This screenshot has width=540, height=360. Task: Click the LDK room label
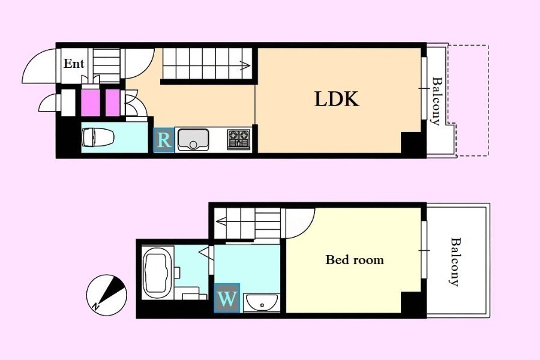tap(337, 99)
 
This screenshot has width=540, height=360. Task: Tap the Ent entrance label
tap(74, 64)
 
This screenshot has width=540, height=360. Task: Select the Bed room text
tap(355, 259)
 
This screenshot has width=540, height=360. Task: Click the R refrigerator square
tap(164, 140)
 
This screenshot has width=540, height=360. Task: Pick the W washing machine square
tap(227, 298)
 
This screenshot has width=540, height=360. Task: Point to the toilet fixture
tap(98, 137)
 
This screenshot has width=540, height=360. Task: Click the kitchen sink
tap(193, 140)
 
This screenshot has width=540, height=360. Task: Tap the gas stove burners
tap(239, 139)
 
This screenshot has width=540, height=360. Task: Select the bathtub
tap(157, 273)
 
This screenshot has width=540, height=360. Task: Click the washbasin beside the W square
tap(262, 303)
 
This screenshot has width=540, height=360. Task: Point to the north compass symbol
tap(107, 295)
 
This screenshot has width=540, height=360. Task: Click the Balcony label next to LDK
tap(436, 101)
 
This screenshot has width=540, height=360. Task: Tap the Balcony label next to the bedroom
tap(455, 262)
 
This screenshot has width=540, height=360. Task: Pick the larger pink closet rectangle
tap(91, 103)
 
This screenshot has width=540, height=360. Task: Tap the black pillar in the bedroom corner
tap(412, 302)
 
